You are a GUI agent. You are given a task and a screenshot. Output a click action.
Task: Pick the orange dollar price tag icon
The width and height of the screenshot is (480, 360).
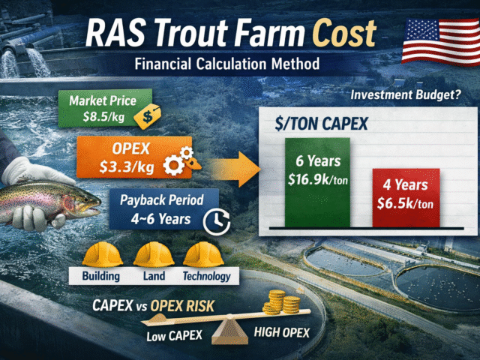(x=151, y=114)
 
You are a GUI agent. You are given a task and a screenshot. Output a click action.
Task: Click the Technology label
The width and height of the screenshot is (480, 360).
(x=205, y=275)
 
